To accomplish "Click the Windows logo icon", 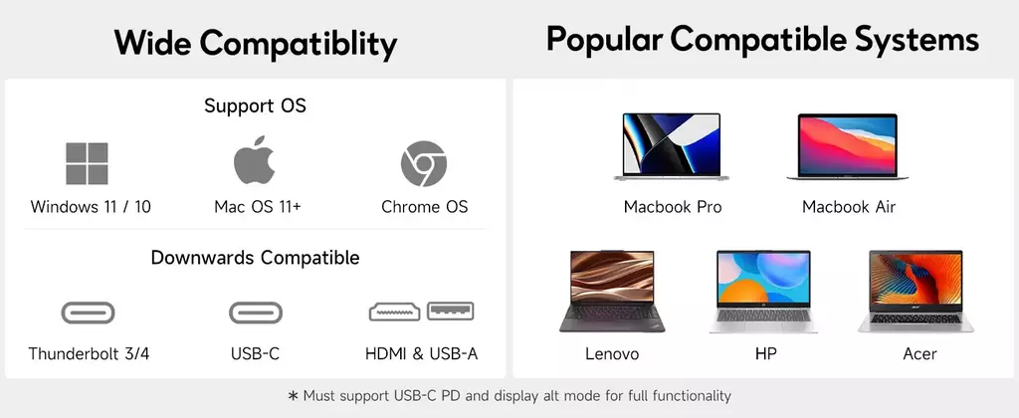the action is pyautogui.click(x=88, y=163).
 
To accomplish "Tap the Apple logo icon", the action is pyautogui.click(x=254, y=160).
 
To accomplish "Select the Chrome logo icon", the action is pyautogui.click(x=424, y=163).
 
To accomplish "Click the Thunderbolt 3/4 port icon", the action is pyautogui.click(x=88, y=313).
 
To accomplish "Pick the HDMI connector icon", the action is pyautogui.click(x=395, y=313).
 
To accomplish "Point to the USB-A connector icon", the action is pyautogui.click(x=451, y=312).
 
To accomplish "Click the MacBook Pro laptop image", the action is pyautogui.click(x=672, y=147).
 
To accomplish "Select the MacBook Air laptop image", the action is pyautogui.click(x=848, y=147).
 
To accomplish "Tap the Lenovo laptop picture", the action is pyautogui.click(x=613, y=292).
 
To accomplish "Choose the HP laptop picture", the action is pyautogui.click(x=763, y=292).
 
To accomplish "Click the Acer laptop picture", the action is pyautogui.click(x=916, y=292).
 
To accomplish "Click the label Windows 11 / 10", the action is pyautogui.click(x=91, y=207).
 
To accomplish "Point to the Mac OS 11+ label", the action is pyautogui.click(x=258, y=207).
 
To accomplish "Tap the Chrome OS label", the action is pyautogui.click(x=424, y=207).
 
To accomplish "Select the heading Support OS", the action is pyautogui.click(x=255, y=105).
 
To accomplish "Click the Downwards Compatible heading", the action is pyautogui.click(x=255, y=258).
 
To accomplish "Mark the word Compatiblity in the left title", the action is pyautogui.click(x=299, y=44).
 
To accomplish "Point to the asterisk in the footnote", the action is pyautogui.click(x=293, y=395).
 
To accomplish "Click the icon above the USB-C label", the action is pyautogui.click(x=256, y=313).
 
